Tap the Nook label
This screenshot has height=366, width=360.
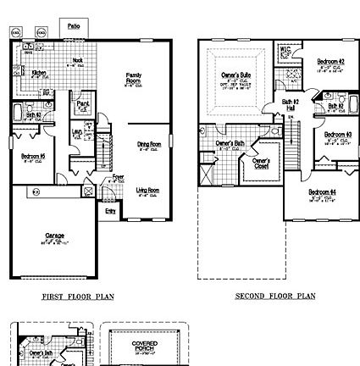pyautogui.click(x=77, y=60)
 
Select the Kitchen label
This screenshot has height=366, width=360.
pyautogui.click(x=39, y=73)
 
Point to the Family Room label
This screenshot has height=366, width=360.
pyautogui.click(x=133, y=77)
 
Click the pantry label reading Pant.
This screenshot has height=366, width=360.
pyautogui.click(x=83, y=104)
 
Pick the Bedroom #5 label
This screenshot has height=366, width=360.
pyautogui.click(x=32, y=156)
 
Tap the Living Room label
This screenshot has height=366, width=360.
pyautogui.click(x=147, y=191)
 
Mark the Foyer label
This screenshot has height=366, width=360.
pyautogui.click(x=118, y=178)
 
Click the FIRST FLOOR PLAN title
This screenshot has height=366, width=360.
pyautogui.click(x=79, y=297)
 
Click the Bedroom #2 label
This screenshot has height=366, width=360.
pyautogui.click(x=330, y=62)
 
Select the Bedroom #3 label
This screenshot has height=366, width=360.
pyautogui.click(x=337, y=135)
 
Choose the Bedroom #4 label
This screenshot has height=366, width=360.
pyautogui.click(x=323, y=192)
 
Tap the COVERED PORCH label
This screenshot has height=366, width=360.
pyautogui.click(x=140, y=345)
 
